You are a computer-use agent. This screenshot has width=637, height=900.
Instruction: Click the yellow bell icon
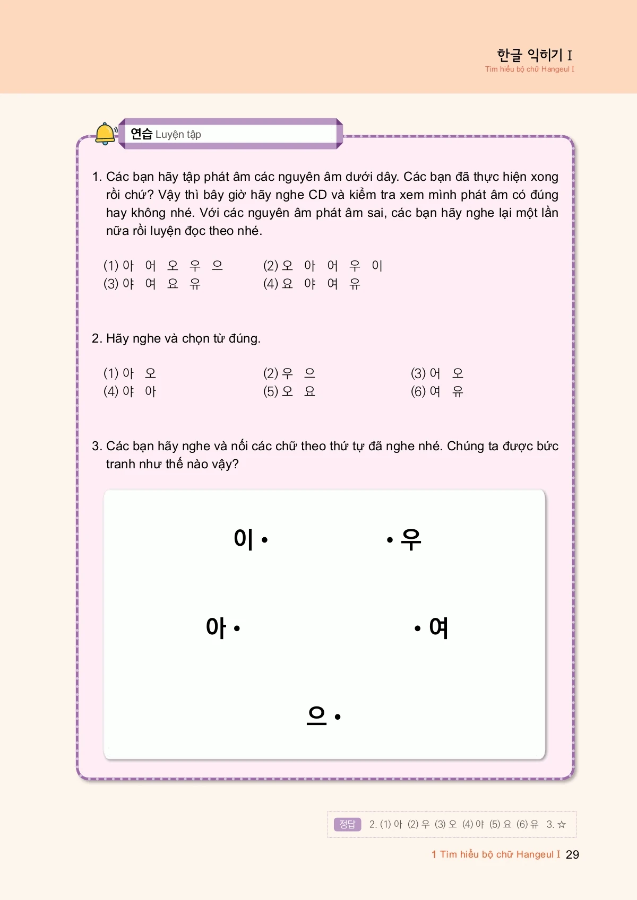tap(105, 133)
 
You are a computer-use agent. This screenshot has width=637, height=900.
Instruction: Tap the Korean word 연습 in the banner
tap(141, 134)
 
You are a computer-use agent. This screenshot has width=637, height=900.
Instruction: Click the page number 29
tap(572, 854)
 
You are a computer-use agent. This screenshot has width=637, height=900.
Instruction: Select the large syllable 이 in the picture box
tap(244, 539)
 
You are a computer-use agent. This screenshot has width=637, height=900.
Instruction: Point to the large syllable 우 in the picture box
tap(411, 539)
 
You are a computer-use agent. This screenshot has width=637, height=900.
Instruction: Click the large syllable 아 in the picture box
tap(216, 628)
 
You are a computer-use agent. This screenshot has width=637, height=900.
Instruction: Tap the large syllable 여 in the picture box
tap(438, 628)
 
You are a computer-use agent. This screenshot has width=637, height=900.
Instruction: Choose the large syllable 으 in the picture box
tap(317, 715)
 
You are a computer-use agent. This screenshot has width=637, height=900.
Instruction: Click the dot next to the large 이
tap(264, 540)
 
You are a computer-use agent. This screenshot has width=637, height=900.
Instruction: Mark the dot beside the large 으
tap(338, 716)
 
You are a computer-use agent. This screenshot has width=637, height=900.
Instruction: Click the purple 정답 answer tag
tap(347, 824)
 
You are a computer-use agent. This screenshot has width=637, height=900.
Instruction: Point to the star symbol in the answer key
tap(562, 824)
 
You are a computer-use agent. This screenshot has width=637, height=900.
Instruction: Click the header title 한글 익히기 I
tap(534, 55)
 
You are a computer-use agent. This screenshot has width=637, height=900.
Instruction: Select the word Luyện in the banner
tap(170, 135)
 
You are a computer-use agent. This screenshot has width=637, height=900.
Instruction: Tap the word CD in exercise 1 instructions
tap(317, 195)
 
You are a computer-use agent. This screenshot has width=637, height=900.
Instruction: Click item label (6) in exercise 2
tap(418, 391)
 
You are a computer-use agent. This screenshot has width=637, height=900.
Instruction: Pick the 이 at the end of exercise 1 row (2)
tap(377, 265)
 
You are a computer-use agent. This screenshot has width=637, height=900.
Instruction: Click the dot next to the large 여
tap(418, 628)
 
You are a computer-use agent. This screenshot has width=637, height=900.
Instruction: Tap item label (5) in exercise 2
tap(270, 391)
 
